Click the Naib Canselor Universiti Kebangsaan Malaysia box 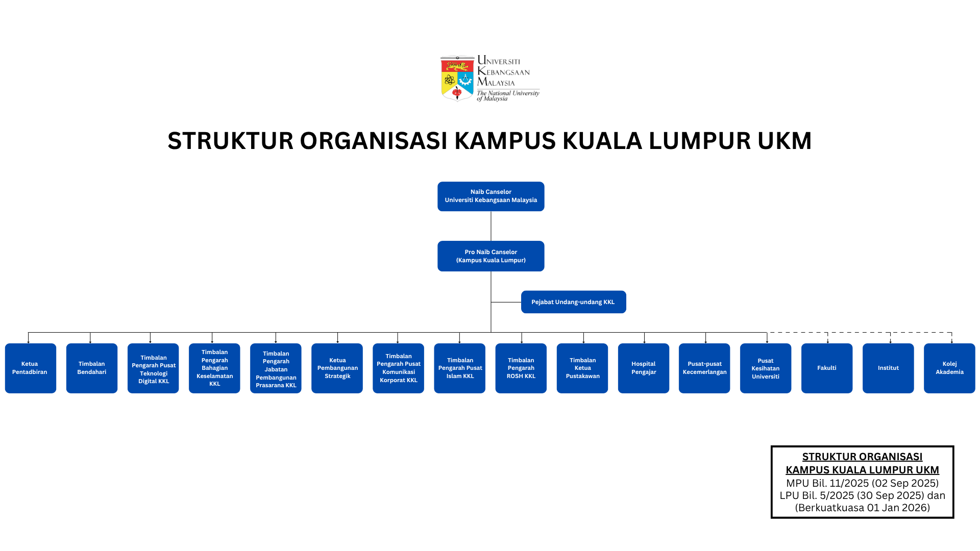491,196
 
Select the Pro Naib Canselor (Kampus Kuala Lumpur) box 491,256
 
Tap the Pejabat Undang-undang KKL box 573,302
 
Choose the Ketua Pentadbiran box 30,368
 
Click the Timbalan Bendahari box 92,368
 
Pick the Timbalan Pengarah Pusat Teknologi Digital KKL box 153,368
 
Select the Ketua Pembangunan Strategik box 337,368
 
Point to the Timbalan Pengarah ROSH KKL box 521,368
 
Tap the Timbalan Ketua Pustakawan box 582,368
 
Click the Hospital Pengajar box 643,368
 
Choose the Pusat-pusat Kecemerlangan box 704,368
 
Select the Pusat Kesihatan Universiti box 766,368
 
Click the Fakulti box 827,368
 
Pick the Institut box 888,368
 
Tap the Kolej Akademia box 949,368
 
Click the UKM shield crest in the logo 457,79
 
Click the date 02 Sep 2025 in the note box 904,483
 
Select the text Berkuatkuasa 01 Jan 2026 863,508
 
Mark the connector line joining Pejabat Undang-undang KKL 506,302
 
